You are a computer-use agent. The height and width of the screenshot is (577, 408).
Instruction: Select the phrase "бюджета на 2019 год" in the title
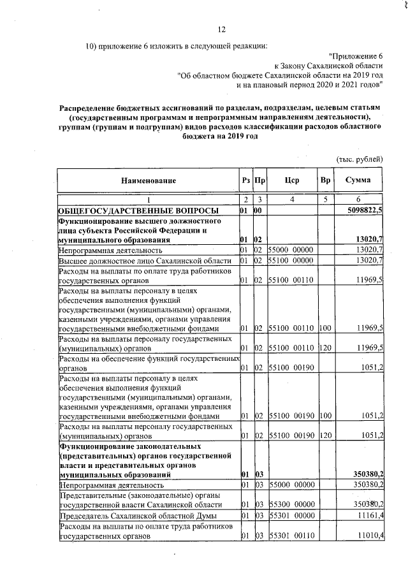(x=220, y=145)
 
